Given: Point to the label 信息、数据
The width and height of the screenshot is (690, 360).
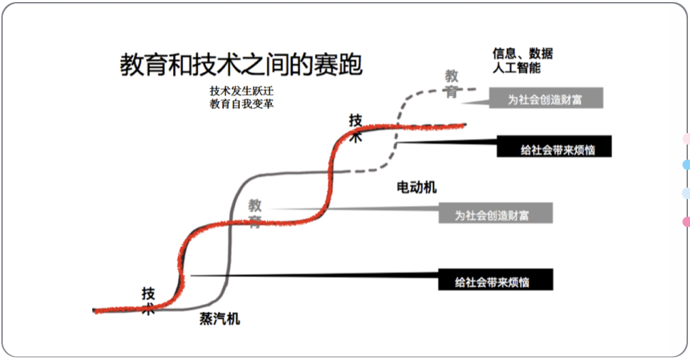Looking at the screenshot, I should pyautogui.click(x=522, y=54).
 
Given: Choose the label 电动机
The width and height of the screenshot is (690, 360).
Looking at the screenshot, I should pyautogui.click(x=416, y=187).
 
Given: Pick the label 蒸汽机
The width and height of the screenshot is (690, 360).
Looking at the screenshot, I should pyautogui.click(x=220, y=318).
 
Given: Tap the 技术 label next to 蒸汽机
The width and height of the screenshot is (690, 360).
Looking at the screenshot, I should pyautogui.click(x=149, y=301).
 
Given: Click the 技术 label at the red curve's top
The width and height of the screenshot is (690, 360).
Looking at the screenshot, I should pyautogui.click(x=356, y=127).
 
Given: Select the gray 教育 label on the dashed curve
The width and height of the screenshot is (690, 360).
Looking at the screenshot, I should pyautogui.click(x=451, y=83).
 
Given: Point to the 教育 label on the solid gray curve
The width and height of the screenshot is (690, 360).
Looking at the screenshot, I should pyautogui.click(x=254, y=213).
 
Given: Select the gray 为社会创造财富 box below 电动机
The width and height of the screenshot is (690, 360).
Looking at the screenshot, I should pyautogui.click(x=495, y=214).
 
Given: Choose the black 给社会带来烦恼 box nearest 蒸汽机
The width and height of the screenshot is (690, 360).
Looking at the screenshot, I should pyautogui.click(x=495, y=280).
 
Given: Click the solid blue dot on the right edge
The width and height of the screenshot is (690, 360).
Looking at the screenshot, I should pyautogui.click(x=686, y=164).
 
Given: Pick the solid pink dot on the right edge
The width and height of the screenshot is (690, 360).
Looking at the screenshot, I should pyautogui.click(x=686, y=222).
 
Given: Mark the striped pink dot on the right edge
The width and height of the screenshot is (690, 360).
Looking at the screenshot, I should pyautogui.click(x=686, y=138).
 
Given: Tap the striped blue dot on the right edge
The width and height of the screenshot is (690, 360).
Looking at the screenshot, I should pyautogui.click(x=686, y=193).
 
